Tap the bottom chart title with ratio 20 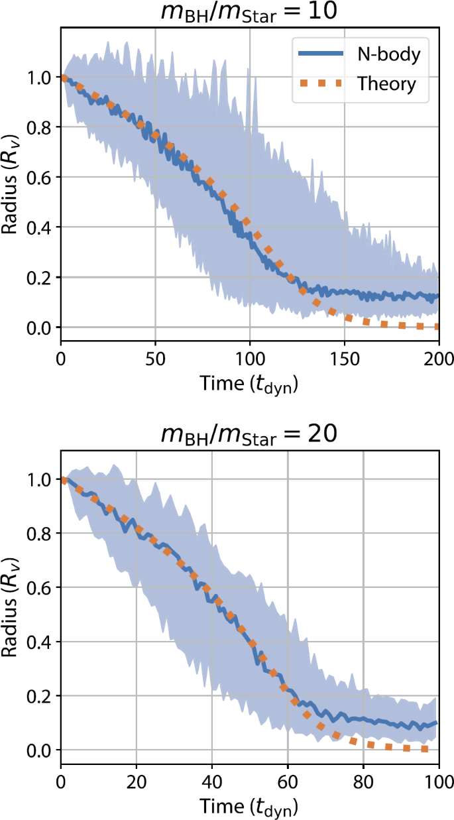point(250,435)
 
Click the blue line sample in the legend point(321,55)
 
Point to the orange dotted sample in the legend point(321,84)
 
